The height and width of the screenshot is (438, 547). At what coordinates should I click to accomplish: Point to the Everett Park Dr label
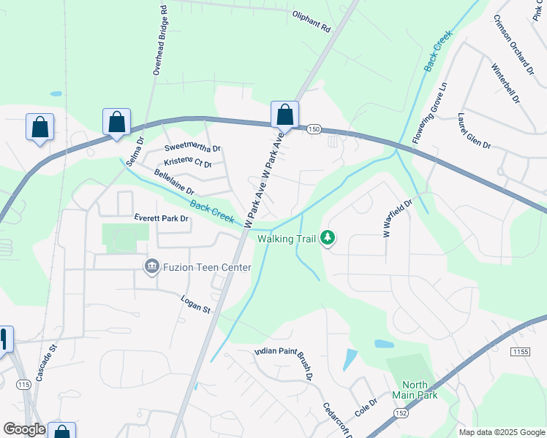(x=162, y=218)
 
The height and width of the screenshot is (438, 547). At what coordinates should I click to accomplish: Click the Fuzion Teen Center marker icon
(x=152, y=267)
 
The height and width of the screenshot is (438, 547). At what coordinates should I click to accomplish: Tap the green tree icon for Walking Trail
(x=328, y=237)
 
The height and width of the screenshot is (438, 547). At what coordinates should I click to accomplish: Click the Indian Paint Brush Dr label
(x=284, y=362)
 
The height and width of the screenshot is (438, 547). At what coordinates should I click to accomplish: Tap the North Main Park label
(x=420, y=390)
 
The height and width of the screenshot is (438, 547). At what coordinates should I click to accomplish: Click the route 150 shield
(x=314, y=129)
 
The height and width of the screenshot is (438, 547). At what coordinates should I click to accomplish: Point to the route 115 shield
(x=23, y=385)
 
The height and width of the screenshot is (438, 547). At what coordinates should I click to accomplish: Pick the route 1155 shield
(x=520, y=352)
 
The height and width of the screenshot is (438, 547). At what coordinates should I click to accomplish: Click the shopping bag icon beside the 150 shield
(x=284, y=115)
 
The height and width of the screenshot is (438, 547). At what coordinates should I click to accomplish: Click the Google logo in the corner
(x=24, y=430)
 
